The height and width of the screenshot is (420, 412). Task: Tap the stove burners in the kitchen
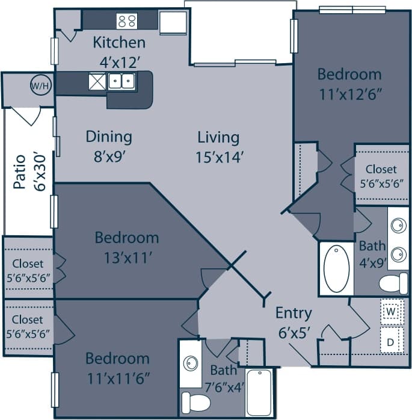coord(127,21)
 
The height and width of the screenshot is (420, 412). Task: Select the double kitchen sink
coord(121,81)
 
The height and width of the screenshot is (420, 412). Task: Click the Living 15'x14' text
coord(218,146)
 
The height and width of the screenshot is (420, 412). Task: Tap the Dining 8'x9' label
coord(108,145)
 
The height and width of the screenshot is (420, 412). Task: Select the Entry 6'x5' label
coord(294,321)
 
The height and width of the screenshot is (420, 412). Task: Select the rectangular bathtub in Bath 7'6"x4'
coord(259,392)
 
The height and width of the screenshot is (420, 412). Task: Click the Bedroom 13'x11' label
coord(127,246)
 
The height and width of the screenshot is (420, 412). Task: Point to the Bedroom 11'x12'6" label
coord(349,84)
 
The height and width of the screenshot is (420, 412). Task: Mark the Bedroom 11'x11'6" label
coord(117,368)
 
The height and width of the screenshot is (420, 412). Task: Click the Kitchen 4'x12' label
coord(118,51)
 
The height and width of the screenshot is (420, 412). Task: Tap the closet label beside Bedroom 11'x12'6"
coord(381,176)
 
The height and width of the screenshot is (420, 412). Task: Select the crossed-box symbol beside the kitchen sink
coord(97,81)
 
